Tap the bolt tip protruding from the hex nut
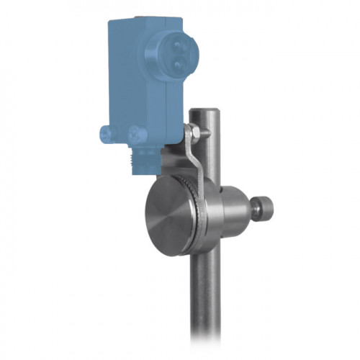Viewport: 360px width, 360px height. point(206,131)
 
